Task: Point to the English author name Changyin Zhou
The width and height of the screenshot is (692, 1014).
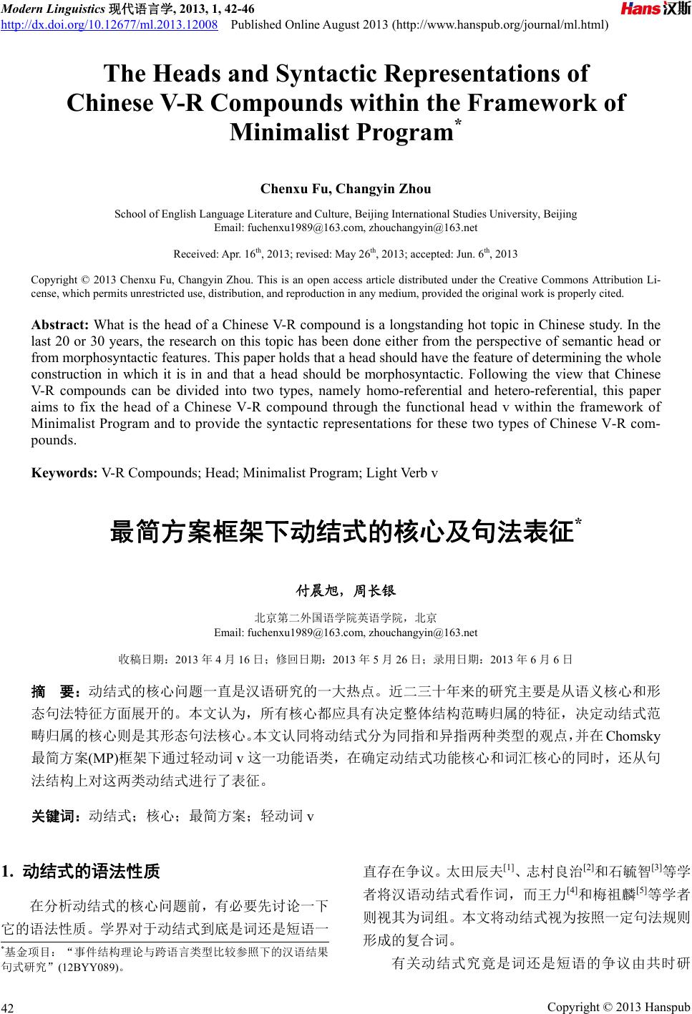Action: pos(384,190)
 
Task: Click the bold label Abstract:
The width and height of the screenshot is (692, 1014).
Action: pos(60,325)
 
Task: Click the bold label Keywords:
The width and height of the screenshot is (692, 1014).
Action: pos(64,473)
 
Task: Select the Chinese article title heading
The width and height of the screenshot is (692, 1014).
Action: pos(342,533)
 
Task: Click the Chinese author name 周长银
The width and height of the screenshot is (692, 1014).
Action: pos(376,591)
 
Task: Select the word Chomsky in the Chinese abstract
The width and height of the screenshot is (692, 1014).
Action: pos(633,736)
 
